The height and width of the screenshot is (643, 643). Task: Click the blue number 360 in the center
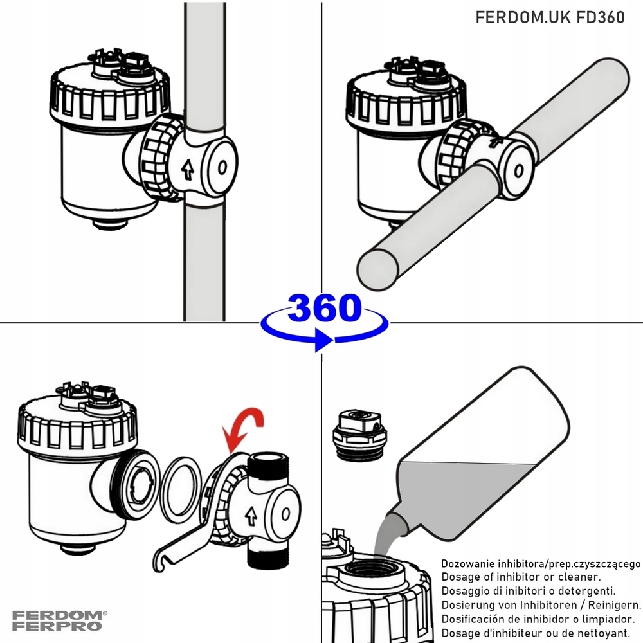tap(324, 309)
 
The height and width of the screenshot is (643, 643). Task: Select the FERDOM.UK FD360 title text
tap(550, 17)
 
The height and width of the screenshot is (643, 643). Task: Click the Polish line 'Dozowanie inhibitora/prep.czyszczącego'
tap(540, 563)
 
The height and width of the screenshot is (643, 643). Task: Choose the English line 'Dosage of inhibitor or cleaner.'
tap(521, 577)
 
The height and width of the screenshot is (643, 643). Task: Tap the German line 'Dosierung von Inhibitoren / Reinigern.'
tap(540, 605)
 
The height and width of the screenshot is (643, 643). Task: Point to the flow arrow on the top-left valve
tap(187, 170)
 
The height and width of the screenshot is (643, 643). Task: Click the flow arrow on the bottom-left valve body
tap(251, 514)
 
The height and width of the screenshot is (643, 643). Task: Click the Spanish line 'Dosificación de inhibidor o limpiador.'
tap(538, 619)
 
